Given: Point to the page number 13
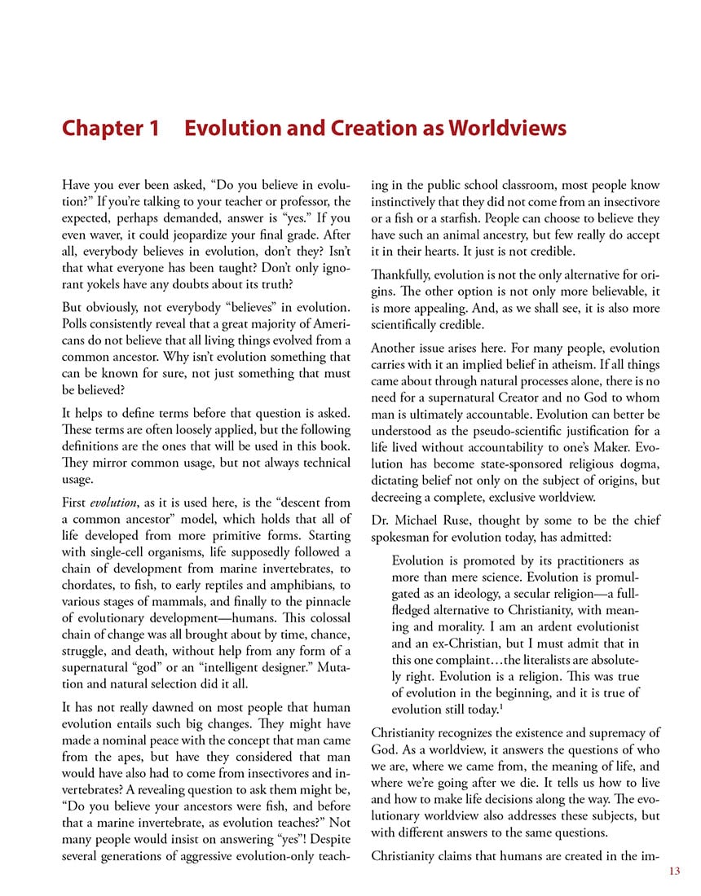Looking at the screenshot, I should pos(672,872).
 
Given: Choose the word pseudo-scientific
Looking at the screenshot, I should pos(526,431).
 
